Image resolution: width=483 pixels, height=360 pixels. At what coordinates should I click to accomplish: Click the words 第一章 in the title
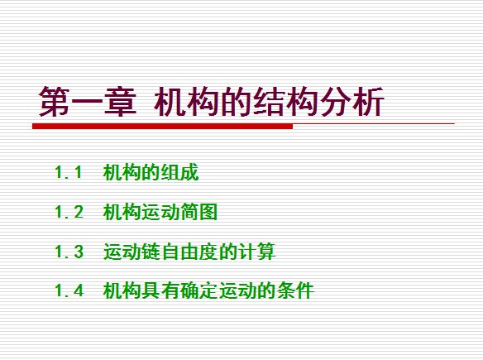coord(88,102)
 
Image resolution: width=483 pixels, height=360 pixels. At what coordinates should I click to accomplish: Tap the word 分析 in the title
coord(351,102)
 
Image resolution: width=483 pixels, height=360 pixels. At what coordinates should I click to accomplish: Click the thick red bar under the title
coord(162,127)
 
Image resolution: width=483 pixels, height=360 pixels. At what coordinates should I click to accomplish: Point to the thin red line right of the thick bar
coord(374,124)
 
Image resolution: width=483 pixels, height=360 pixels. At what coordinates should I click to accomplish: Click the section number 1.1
coord(69,172)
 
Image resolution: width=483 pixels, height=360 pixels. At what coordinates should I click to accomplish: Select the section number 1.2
coord(69,212)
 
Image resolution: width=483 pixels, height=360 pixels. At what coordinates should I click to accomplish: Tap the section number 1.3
coord(69,252)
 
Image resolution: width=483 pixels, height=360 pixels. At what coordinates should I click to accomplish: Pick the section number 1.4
coord(69,290)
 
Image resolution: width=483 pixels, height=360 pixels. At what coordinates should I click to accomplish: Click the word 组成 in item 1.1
coord(180,172)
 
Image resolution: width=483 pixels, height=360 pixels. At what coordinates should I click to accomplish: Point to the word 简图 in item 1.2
coord(199,212)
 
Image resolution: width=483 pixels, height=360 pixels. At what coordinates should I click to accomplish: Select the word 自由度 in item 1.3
coord(189,252)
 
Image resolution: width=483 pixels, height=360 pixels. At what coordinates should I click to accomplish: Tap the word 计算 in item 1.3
coord(256,252)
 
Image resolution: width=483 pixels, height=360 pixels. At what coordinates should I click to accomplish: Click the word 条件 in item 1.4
coord(295,290)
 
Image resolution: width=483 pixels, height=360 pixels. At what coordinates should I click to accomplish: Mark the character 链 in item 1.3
coord(151,252)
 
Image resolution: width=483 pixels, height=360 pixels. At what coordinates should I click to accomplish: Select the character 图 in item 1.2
coord(208,212)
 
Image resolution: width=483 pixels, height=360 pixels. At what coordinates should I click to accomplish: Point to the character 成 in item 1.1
coord(189,172)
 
